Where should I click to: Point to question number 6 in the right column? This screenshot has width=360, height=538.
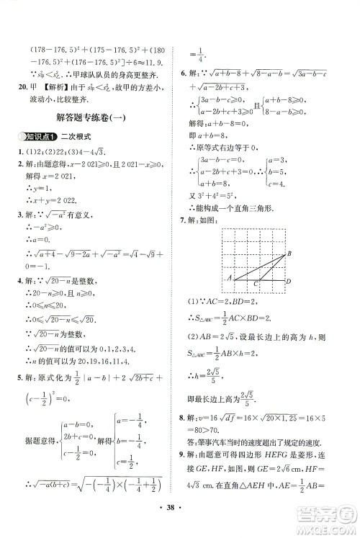coord(184,73)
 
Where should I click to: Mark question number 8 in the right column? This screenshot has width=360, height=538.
coord(184,416)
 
